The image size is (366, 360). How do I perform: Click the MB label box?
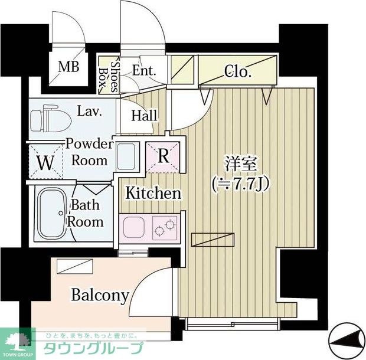click(x=68, y=66)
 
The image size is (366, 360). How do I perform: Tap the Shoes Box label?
click(x=107, y=75)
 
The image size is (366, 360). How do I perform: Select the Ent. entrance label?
click(x=143, y=70)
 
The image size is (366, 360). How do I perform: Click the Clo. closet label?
click(x=238, y=73)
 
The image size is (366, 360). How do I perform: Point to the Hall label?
click(x=143, y=115)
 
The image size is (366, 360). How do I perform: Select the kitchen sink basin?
click(x=134, y=225)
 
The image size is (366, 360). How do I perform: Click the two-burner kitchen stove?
click(x=165, y=225)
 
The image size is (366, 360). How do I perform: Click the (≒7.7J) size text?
click(x=241, y=184)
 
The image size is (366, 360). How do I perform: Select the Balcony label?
click(x=99, y=294)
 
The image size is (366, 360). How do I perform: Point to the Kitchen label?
click(x=152, y=193)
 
